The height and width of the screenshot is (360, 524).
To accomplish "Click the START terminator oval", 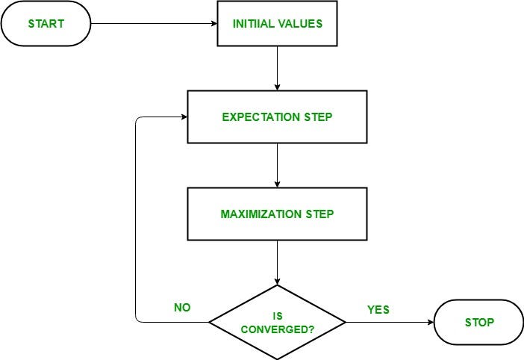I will tap(46, 23).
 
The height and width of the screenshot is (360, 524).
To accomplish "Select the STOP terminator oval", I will tap(478, 323).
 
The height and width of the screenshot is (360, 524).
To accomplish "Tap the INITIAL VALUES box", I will tap(277, 23).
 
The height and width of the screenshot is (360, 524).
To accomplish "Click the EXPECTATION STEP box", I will tap(277, 117).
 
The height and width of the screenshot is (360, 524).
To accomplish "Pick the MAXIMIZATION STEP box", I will tap(277, 214).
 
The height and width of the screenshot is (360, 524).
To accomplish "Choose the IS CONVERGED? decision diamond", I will tap(277, 323).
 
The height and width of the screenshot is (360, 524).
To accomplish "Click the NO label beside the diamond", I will tap(181, 307).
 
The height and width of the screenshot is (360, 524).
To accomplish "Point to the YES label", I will tap(378, 309).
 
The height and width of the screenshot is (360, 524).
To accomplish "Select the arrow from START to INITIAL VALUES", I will tap(153, 23).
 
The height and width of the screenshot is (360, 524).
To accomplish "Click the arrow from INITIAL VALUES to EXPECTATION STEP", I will tap(277, 69).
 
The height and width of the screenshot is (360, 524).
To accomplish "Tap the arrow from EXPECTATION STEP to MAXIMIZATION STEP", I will tap(277, 165).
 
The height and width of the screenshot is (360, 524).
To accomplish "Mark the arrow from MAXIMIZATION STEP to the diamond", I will tap(277, 262).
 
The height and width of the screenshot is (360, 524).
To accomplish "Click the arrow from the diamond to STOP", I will tap(389, 323).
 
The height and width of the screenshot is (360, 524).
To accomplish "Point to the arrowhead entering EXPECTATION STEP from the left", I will tap(182, 117).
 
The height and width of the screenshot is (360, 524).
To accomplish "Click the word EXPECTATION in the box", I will tap(252, 117).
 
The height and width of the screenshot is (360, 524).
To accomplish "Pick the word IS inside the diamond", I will tap(277, 316).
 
